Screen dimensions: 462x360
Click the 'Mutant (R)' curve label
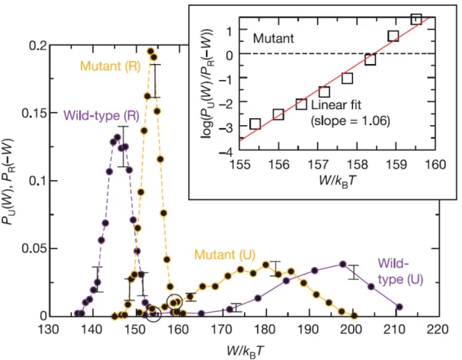pyautogui.click(x=111, y=66)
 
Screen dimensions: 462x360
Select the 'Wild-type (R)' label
pyautogui.click(x=101, y=115)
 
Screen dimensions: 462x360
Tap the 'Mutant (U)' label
pyautogui.click(x=225, y=255)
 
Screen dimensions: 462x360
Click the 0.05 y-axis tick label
pyautogui.click(x=34, y=249)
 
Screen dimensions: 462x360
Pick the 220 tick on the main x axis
pyautogui.click(x=438, y=329)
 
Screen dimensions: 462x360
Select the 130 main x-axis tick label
pyautogui.click(x=49, y=329)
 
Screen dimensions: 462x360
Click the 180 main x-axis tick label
pyautogui.click(x=265, y=329)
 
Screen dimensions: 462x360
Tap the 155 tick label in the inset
pyautogui.click(x=240, y=164)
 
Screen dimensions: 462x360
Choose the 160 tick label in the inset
pyautogui.click(x=436, y=164)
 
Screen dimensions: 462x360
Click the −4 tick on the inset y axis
pyautogui.click(x=226, y=152)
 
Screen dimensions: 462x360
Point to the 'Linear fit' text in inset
pyautogui.click(x=336, y=104)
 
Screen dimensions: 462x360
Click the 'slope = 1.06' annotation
pyautogui.click(x=351, y=121)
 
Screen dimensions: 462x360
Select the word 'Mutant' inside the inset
pyautogui.click(x=274, y=39)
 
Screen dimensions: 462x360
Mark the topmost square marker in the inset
pyautogui.click(x=416, y=19)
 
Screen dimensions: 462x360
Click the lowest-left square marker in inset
pyautogui.click(x=255, y=124)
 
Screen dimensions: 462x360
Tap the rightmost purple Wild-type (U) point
pyautogui.click(x=399, y=307)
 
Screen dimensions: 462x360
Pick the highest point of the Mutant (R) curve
pyautogui.click(x=150, y=51)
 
